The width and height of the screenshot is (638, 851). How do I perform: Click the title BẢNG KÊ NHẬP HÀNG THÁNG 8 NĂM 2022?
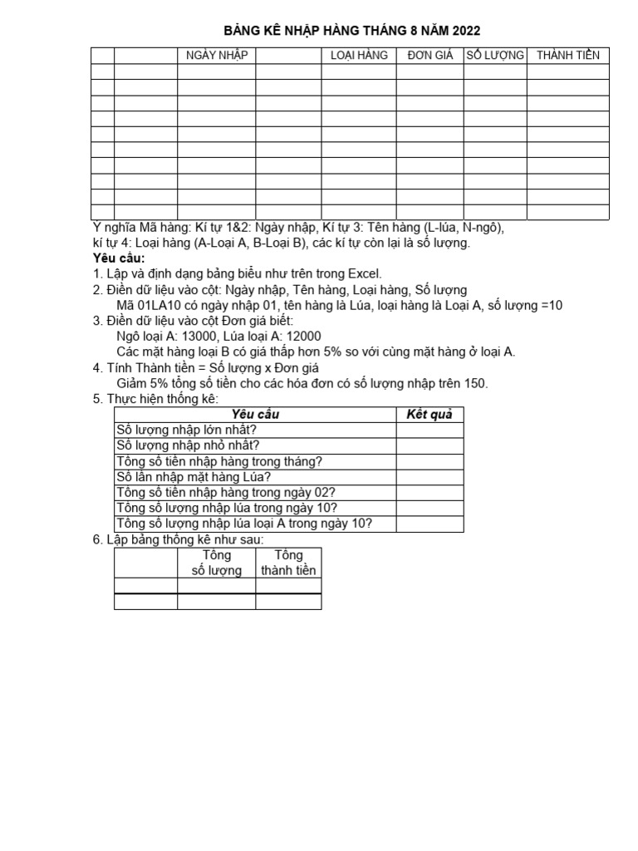pyautogui.click(x=352, y=31)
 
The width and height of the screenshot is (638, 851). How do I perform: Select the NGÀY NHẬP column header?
pyautogui.click(x=216, y=56)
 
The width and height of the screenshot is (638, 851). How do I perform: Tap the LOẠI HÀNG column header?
pyautogui.click(x=359, y=56)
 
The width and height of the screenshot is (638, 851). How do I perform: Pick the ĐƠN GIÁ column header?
pyautogui.click(x=429, y=56)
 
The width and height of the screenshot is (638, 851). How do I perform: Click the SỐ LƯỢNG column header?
pyautogui.click(x=495, y=56)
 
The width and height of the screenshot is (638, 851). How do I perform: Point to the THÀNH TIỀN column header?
pyautogui.click(x=567, y=56)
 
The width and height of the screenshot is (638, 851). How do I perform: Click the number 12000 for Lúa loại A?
pyautogui.click(x=305, y=336)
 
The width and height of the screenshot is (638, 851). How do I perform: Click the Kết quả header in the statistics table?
pyautogui.click(x=429, y=414)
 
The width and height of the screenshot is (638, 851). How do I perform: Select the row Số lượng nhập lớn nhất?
pyautogui.click(x=187, y=430)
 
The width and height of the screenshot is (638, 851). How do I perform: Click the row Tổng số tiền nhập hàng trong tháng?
pyautogui.click(x=219, y=461)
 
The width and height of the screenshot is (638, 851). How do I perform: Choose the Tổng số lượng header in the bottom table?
pyautogui.click(x=216, y=563)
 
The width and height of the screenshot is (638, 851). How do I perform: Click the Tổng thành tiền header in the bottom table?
pyautogui.click(x=287, y=563)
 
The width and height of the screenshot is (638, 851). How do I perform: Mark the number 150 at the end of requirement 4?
pyautogui.click(x=477, y=383)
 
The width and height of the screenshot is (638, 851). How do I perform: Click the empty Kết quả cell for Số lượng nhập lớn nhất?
pyautogui.click(x=429, y=430)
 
